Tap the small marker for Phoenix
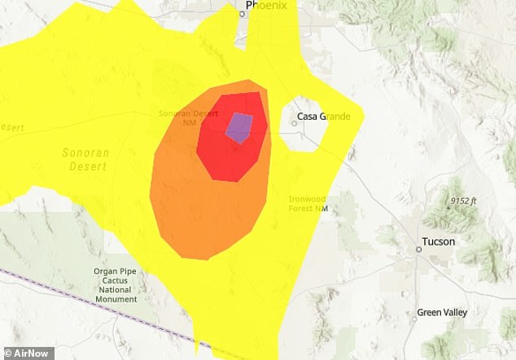[242, 13]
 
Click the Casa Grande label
[323, 116]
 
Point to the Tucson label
[439, 242]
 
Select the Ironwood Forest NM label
[308, 204]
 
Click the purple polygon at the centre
[239, 127]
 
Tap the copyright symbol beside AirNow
[6, 353]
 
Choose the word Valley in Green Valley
[457, 312]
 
